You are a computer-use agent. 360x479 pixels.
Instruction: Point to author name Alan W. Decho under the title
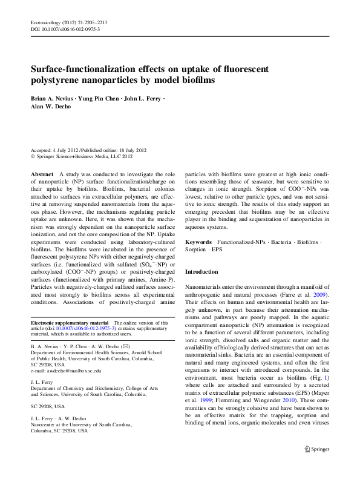click(52, 107)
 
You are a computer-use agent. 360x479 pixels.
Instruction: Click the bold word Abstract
click(42, 173)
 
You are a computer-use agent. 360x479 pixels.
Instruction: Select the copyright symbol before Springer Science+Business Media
click(33, 156)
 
